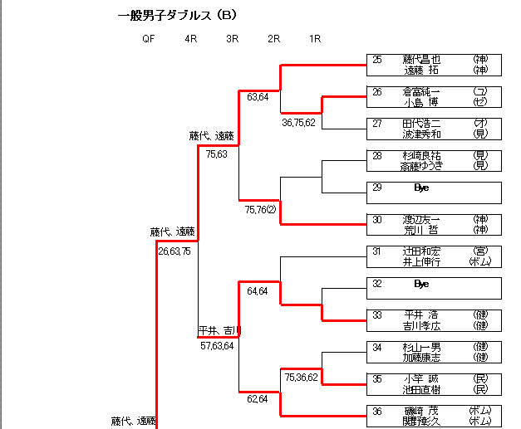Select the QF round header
click(148, 38)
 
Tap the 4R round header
click(191, 38)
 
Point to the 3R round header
click(232, 38)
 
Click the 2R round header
click(273, 38)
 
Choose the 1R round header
click(315, 38)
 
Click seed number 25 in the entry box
click(377, 60)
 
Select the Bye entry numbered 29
click(420, 188)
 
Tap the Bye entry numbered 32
click(420, 284)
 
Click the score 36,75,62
click(299, 123)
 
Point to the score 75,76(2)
click(261, 211)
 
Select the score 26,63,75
click(174, 251)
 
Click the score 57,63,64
click(217, 346)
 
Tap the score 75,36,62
click(300, 378)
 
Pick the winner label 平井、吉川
click(219, 330)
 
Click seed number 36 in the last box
click(377, 411)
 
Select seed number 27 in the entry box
click(377, 124)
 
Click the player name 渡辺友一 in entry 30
click(421, 219)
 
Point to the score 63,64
click(258, 97)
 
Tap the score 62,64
click(258, 399)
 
